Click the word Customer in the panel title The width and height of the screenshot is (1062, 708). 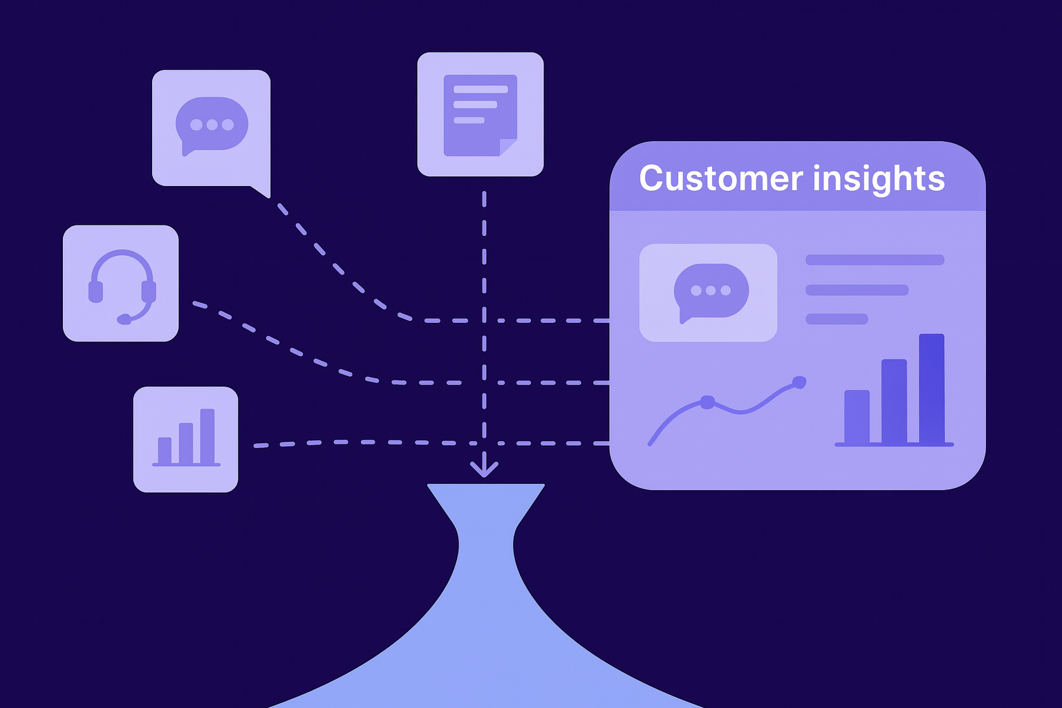click(x=719, y=178)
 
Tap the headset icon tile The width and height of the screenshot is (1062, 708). click(x=121, y=283)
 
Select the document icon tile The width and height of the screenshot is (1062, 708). click(x=481, y=114)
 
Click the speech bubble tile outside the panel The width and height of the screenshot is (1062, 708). click(x=211, y=128)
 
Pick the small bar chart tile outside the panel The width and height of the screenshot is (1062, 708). click(x=185, y=439)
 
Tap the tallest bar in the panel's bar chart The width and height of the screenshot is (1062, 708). click(x=931, y=389)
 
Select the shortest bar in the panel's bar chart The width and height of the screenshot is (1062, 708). click(x=857, y=416)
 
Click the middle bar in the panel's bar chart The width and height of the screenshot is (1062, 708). click(x=894, y=401)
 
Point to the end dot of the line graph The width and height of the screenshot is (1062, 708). click(x=799, y=382)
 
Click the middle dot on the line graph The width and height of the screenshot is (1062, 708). click(x=707, y=402)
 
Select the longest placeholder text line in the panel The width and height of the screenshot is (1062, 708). click(x=875, y=260)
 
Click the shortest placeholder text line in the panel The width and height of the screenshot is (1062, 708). click(x=837, y=319)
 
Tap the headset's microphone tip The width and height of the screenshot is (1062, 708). click(x=124, y=319)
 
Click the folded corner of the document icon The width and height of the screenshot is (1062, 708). click(x=508, y=147)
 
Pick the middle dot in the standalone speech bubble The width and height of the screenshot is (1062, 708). click(x=212, y=125)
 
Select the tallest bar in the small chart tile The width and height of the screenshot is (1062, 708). click(x=207, y=436)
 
